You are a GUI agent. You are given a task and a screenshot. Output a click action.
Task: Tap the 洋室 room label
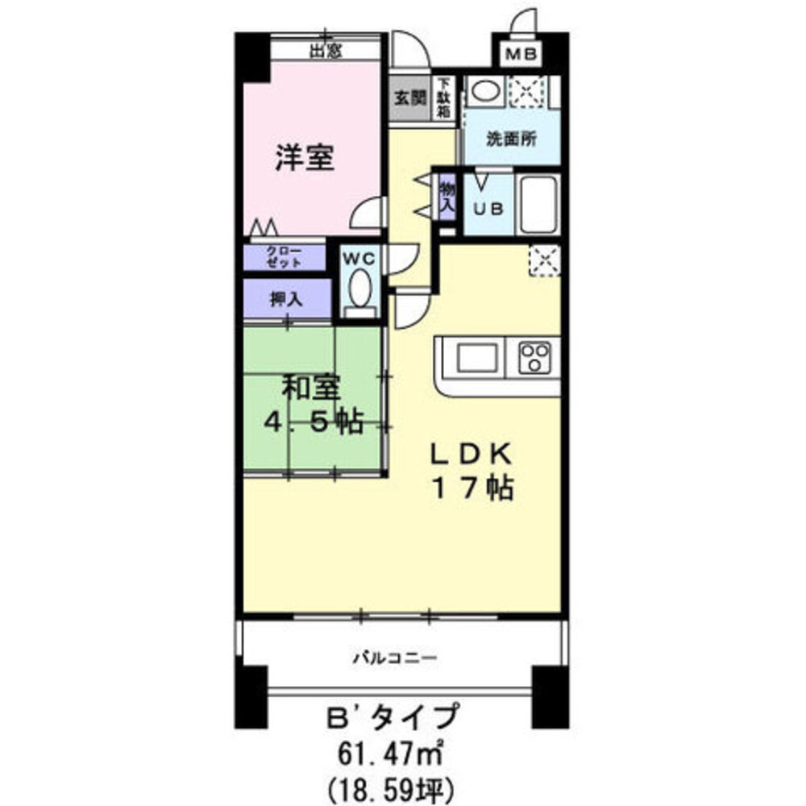(x=305, y=157)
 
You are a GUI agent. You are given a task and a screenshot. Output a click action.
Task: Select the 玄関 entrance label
(x=409, y=98)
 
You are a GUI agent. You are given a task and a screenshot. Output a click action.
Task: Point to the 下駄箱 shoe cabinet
(x=444, y=98)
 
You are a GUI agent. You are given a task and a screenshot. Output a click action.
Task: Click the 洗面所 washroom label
(x=510, y=138)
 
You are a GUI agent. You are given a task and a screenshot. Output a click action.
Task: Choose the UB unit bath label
(x=488, y=207)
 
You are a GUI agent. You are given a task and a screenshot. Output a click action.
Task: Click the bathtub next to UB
(x=538, y=203)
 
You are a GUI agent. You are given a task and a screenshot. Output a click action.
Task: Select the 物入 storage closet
(x=447, y=196)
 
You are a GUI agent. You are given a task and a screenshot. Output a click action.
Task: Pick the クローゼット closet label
(x=285, y=258)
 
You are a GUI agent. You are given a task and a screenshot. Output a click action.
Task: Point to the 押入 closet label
(x=285, y=299)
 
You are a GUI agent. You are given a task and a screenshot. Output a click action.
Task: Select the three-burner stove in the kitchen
(x=534, y=356)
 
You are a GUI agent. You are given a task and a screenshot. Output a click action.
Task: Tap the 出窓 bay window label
(x=326, y=52)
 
